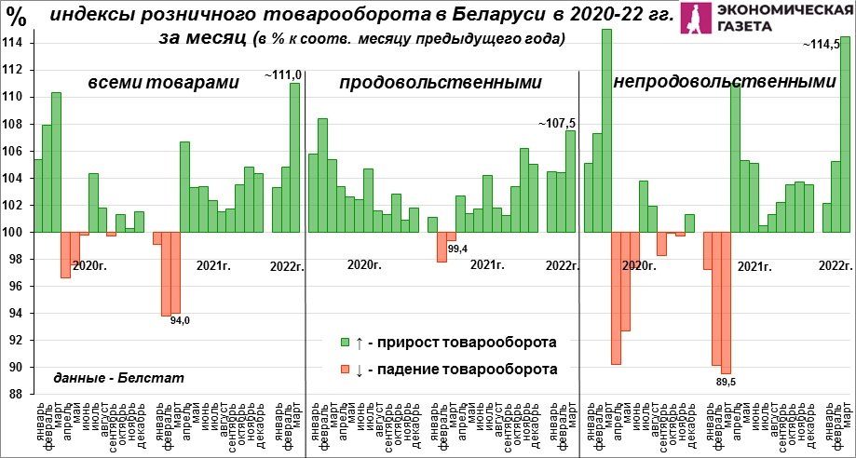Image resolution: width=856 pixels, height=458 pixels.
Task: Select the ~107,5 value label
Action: tap(557, 122)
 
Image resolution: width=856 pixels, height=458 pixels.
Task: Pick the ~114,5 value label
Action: tap(827, 43)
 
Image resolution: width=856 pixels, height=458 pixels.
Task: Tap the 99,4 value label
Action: tap(457, 249)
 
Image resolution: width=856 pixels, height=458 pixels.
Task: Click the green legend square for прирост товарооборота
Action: tap(345, 341)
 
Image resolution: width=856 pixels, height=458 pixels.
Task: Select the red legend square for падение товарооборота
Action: tap(345, 370)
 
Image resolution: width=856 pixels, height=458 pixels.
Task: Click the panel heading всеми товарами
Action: tap(163, 83)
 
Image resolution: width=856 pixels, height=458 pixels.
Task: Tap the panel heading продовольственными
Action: tap(440, 83)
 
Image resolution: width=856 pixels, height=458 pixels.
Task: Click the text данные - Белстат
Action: tap(119, 377)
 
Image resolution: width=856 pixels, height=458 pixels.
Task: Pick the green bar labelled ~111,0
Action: tap(294, 157)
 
